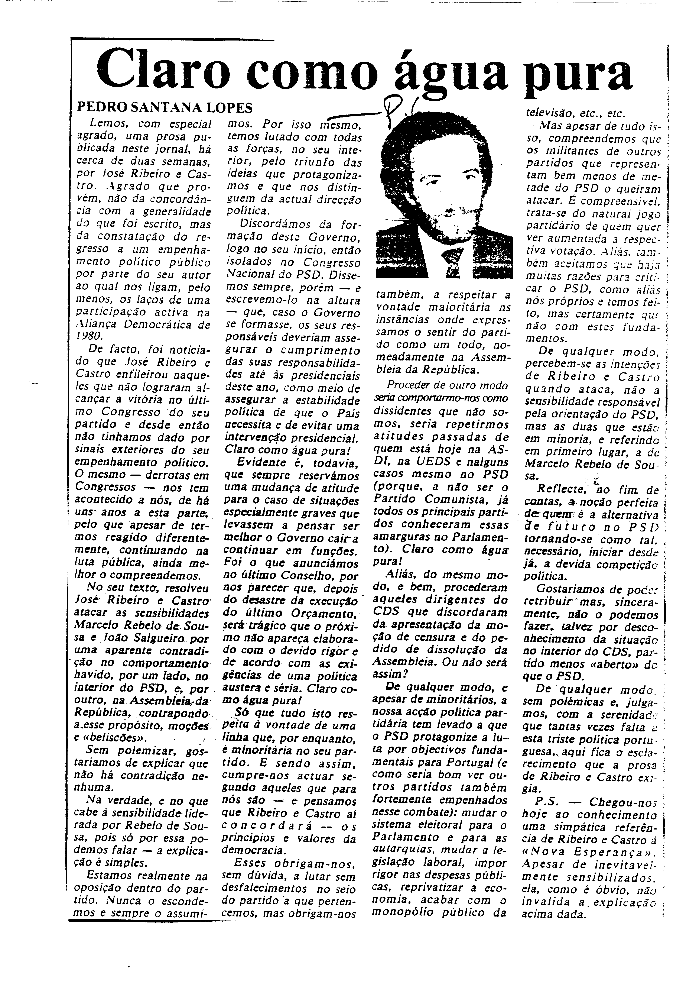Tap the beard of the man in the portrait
tap(447, 221)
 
